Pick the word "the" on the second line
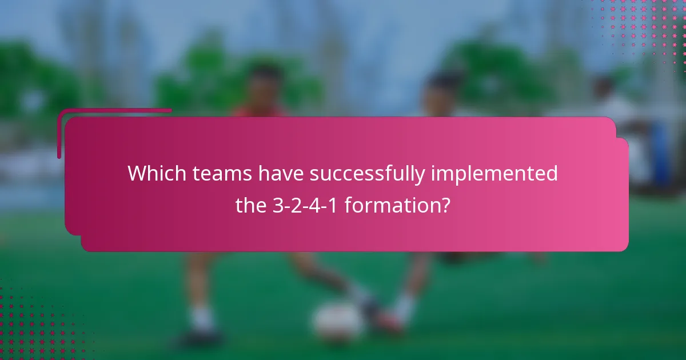point(252,205)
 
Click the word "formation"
point(389,205)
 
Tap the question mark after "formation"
point(445,205)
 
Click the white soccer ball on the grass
point(338,322)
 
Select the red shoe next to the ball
point(386,323)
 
